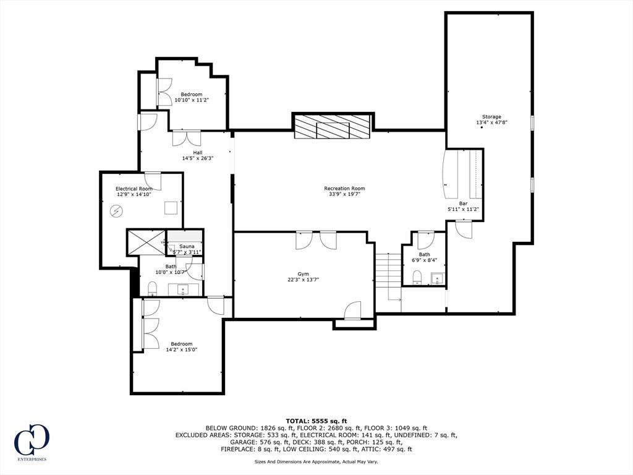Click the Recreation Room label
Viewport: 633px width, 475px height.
click(344, 188)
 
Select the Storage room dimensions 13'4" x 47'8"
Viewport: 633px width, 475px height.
click(491, 122)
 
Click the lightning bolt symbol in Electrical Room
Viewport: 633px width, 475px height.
click(117, 211)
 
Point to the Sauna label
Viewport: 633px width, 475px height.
click(187, 246)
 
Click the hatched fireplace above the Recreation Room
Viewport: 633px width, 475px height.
click(332, 127)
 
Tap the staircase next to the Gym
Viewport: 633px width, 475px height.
click(388, 277)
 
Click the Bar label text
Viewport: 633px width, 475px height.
click(463, 203)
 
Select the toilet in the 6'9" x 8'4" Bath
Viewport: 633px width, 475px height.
click(417, 277)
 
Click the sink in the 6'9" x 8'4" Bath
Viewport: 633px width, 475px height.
click(437, 279)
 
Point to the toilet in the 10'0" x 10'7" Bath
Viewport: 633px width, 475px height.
click(152, 288)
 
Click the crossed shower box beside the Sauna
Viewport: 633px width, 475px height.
click(146, 242)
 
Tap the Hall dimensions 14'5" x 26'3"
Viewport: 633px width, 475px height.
click(197, 158)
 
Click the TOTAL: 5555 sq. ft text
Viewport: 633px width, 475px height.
click(316, 421)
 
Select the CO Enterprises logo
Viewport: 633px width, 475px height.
click(32, 442)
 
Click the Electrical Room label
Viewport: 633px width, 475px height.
click(134, 189)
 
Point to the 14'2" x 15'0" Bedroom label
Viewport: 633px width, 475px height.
click(182, 347)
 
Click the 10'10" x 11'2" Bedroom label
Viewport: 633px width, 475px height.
click(192, 97)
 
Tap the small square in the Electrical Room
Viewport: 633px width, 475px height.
click(171, 207)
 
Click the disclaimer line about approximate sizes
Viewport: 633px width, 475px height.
click(316, 461)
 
